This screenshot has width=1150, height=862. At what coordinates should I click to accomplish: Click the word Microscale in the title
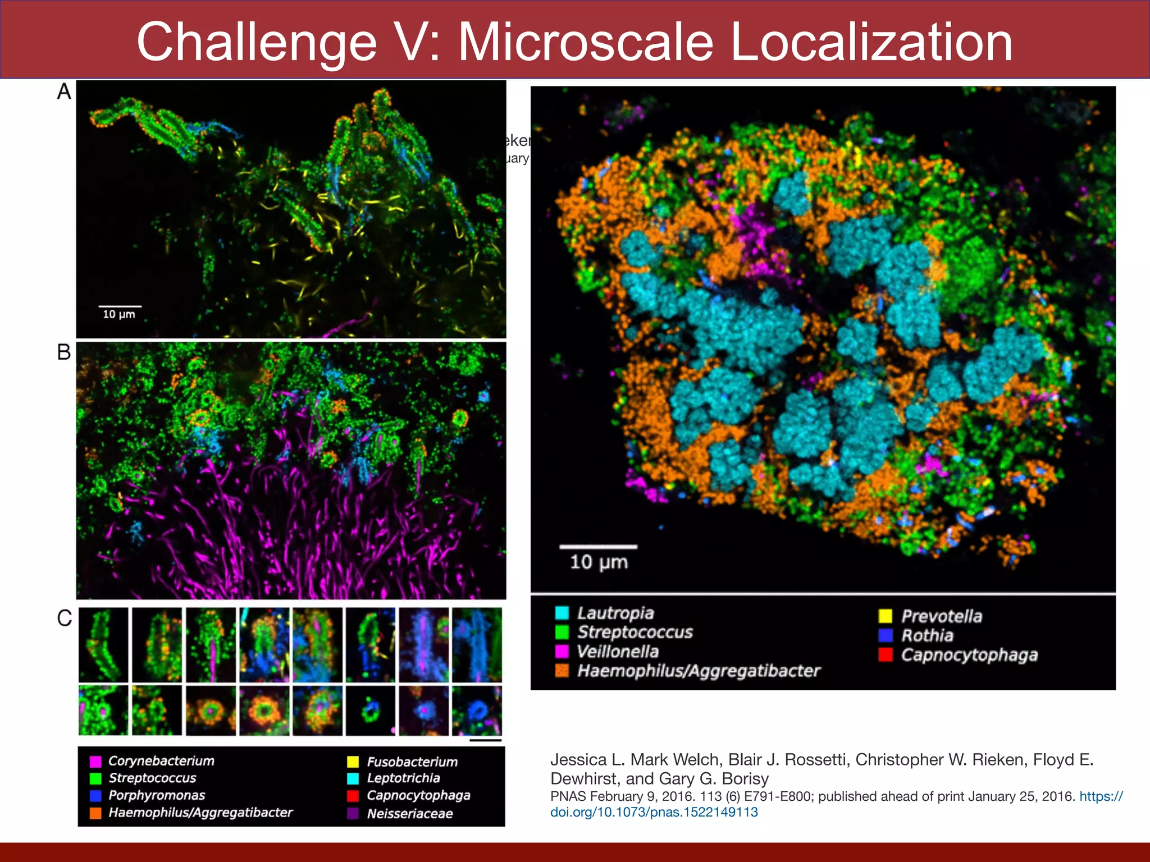click(x=586, y=42)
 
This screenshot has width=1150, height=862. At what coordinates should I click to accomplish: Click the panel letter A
click(x=64, y=91)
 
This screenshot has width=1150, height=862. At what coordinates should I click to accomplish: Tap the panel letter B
click(x=64, y=352)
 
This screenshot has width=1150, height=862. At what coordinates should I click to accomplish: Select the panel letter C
click(x=65, y=618)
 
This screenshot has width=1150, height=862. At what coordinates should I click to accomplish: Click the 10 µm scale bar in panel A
click(x=120, y=306)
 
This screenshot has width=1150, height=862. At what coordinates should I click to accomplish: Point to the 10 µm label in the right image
click(x=599, y=562)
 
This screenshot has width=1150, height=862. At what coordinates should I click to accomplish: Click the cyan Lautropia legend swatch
click(x=562, y=613)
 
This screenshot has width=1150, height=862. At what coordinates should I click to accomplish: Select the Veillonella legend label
click(x=618, y=652)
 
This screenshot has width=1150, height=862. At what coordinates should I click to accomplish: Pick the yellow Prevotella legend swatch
click(x=886, y=616)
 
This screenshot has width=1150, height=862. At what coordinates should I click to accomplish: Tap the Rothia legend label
click(x=927, y=635)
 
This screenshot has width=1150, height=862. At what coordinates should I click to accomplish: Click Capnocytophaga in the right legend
click(x=969, y=655)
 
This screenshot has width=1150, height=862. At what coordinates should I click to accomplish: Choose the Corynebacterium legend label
click(x=161, y=761)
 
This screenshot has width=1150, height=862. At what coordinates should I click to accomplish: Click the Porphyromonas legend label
click(x=157, y=795)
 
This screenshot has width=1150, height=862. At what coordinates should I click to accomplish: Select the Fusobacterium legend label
click(x=412, y=762)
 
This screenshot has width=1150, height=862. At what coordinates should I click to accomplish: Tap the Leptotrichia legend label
click(x=403, y=778)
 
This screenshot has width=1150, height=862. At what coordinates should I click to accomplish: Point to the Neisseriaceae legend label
click(x=409, y=814)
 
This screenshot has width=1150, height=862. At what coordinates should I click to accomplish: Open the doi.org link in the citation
click(x=654, y=812)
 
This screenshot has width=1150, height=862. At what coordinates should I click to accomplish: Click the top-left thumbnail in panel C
click(x=103, y=645)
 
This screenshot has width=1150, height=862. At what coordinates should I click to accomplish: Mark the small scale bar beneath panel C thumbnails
click(x=485, y=740)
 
